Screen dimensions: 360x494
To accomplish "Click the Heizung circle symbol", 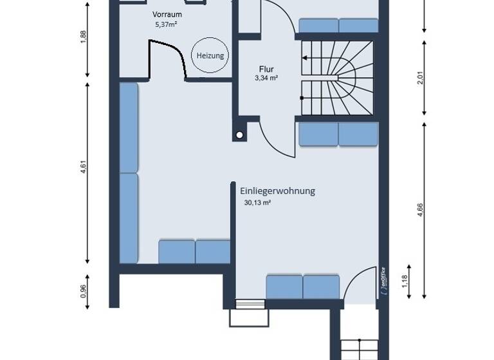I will pyautogui.click(x=210, y=56).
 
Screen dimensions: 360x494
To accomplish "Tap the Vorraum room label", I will pyautogui.click(x=166, y=14).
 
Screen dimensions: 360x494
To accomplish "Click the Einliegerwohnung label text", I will pyautogui.click(x=277, y=191).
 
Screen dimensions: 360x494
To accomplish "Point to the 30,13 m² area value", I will pyautogui.click(x=257, y=203).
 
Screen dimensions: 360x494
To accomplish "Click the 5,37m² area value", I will pyautogui.click(x=166, y=24).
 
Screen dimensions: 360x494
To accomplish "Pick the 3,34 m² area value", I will pyautogui.click(x=266, y=78).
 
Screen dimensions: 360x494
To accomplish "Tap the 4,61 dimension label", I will pyautogui.click(x=83, y=174).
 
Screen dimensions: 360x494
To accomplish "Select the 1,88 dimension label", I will pyautogui.click(x=83, y=38).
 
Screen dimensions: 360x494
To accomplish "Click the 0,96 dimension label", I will pyautogui.click(x=83, y=291).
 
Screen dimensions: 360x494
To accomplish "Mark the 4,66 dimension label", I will pyautogui.click(x=420, y=210).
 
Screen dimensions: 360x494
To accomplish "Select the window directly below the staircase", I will pyautogui.click(x=338, y=135).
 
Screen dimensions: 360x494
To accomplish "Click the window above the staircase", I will pyautogui.click(x=338, y=26).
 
